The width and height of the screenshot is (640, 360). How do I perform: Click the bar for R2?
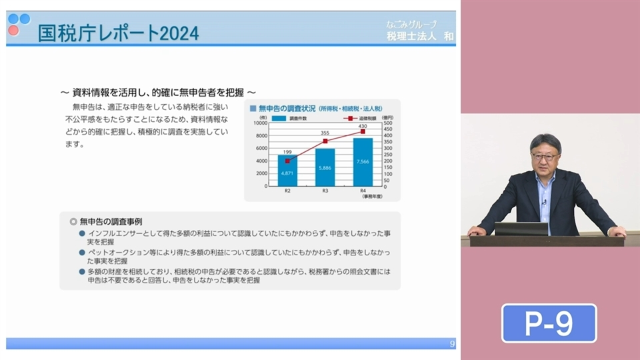(287, 171)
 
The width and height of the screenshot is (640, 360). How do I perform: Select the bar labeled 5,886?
(325, 167)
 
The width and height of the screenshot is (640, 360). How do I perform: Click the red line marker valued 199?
(287, 161)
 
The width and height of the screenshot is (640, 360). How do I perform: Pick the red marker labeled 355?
(325, 141)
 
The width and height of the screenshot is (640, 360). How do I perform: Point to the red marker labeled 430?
(363, 131)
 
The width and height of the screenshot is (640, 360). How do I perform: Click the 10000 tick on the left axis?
(261, 123)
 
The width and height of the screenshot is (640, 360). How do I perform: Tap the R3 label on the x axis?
(325, 191)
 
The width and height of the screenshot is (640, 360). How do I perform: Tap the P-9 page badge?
(549, 323)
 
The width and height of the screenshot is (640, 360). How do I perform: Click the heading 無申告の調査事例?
(111, 221)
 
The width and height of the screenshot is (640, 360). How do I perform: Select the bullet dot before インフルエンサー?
(81, 233)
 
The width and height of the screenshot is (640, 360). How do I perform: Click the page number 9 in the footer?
(453, 344)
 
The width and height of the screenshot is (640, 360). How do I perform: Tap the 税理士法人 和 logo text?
(420, 36)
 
